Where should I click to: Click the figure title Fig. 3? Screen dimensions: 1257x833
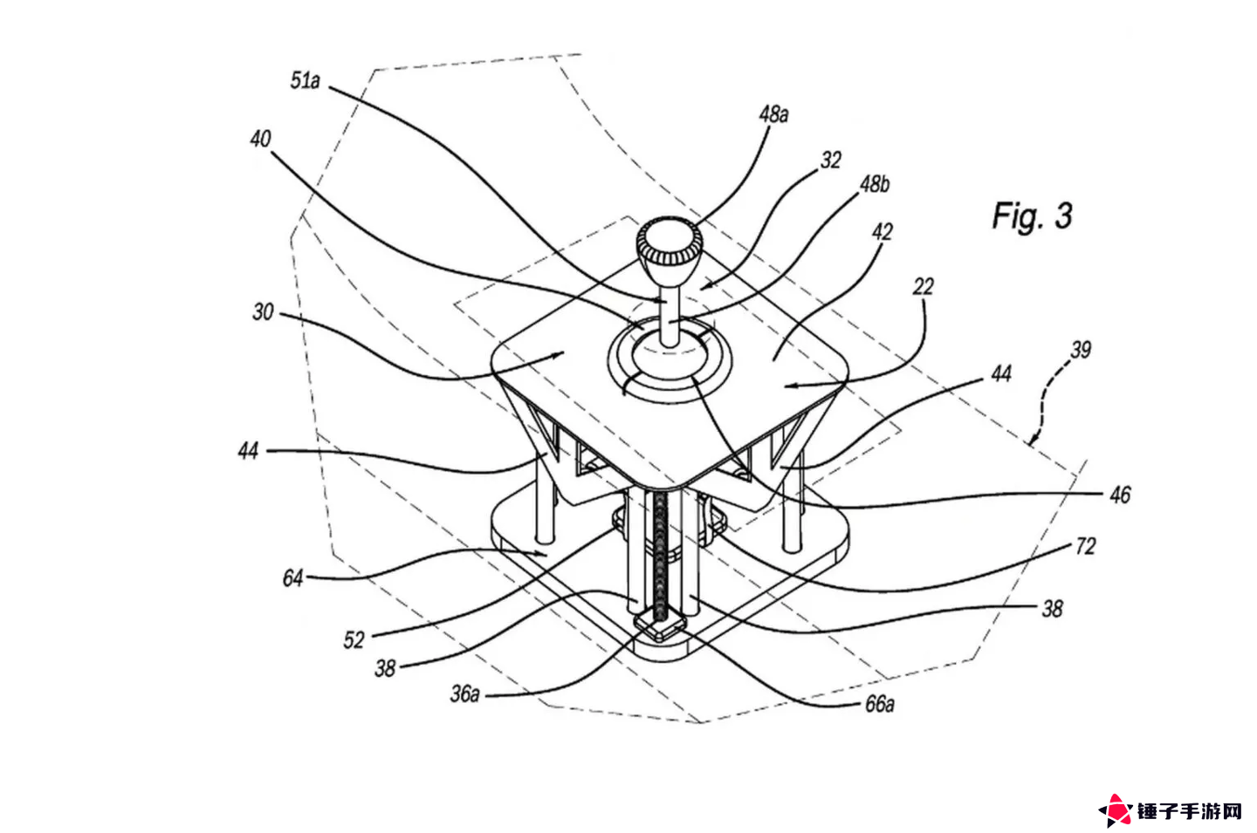1032,215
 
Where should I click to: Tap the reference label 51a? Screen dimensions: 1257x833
305,81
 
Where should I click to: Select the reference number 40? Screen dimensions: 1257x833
260,139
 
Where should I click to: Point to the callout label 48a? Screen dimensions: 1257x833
773,114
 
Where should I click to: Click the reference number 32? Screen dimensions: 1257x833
831,160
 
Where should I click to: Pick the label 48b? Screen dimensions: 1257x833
875,184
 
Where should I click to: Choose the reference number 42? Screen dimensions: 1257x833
883,232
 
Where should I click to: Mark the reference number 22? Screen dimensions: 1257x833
924,287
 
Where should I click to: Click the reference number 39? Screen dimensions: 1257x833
1081,351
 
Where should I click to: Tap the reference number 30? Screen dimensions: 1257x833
264,312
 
